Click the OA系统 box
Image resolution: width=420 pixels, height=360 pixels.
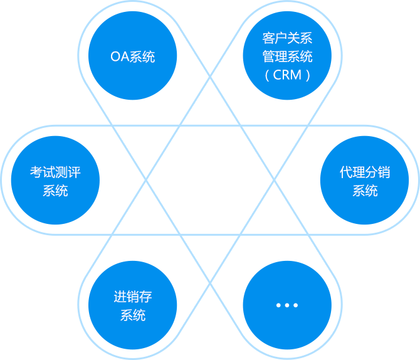(132, 56)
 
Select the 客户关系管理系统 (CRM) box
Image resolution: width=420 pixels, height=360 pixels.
(287, 56)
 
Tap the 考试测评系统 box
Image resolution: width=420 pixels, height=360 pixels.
(55, 181)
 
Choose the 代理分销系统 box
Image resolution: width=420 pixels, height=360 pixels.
(364, 181)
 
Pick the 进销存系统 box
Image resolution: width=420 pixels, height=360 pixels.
(132, 305)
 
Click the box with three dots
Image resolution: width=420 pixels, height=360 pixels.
(287, 305)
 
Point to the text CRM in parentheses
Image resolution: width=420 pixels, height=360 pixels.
(287, 75)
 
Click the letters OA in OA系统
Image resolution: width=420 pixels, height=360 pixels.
(119, 57)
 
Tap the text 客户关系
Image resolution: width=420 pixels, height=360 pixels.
(287, 38)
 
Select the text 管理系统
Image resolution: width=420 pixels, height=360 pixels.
(287, 56)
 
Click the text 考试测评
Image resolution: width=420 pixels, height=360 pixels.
(55, 172)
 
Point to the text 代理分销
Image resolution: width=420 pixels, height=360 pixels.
(364, 172)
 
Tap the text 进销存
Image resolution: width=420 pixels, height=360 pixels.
(132, 296)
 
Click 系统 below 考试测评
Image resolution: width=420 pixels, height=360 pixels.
(55, 191)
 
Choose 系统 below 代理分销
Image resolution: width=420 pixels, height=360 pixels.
(365, 191)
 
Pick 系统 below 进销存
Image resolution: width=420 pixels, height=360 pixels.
(132, 315)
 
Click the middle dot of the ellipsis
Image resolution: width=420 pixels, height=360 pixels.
(287, 305)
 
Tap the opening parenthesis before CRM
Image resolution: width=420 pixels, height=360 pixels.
(268, 75)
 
